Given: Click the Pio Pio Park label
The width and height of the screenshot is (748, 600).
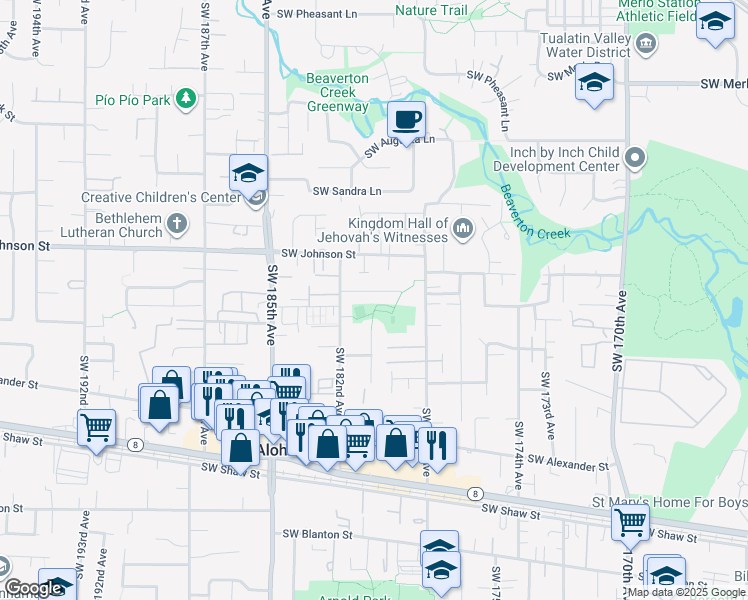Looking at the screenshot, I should coord(132,99).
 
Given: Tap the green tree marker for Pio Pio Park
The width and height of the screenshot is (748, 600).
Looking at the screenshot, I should coord(185,98).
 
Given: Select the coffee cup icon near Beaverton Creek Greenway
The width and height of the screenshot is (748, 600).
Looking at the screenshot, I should coord(406,120).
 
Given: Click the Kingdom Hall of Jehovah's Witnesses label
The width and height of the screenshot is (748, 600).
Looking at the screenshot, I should coord(397,230).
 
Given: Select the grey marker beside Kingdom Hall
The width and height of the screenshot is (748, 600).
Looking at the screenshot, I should coord(462,230).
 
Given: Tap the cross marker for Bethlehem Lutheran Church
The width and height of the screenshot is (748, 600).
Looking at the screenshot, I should coord(177,223).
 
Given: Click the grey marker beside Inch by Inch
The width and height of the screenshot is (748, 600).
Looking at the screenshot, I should coord(636,158).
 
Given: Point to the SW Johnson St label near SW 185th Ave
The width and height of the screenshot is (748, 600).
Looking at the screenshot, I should coord(318,255).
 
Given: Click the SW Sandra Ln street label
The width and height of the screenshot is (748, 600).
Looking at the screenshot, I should coord(347,191).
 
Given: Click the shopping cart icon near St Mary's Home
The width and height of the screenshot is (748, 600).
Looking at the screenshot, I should coord(630,520).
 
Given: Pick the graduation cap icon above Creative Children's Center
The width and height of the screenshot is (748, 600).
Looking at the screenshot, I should coord(248,174).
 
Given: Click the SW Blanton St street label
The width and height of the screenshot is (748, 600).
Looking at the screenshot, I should coord(319,534).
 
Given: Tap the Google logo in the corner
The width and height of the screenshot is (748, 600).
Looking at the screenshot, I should coord(33,588).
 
